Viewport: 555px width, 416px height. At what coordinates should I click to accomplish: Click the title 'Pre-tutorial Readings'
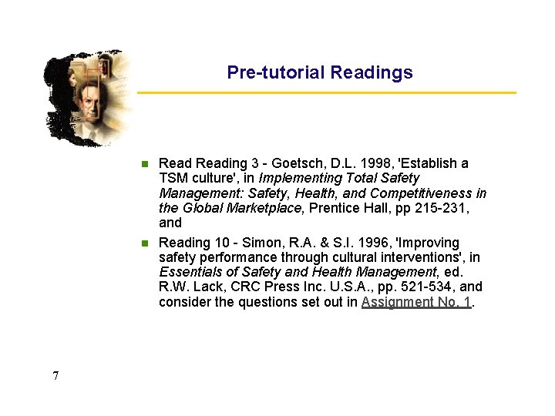(x=320, y=72)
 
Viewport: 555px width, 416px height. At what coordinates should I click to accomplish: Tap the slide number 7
(x=55, y=376)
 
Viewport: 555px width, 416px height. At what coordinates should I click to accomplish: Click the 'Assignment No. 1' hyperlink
(x=416, y=302)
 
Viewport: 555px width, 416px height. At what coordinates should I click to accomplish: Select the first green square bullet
(x=144, y=163)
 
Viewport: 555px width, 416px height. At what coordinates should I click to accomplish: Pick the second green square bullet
(x=144, y=243)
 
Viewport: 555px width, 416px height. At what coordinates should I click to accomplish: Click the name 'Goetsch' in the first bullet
(x=291, y=163)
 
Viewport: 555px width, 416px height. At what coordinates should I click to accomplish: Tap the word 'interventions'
(x=421, y=257)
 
